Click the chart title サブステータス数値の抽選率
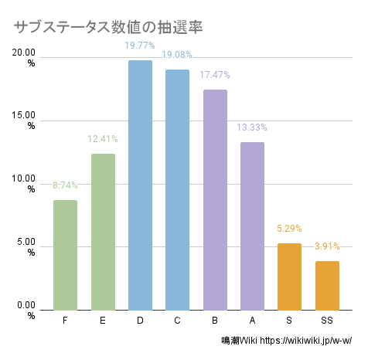(108, 27)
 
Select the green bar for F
(65, 255)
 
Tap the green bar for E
(103, 232)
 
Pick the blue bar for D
(140, 185)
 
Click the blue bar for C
(177, 189)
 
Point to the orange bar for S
(289, 277)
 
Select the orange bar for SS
(327, 285)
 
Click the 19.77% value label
(140, 46)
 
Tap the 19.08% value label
(177, 56)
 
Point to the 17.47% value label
(215, 76)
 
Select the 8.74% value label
(65, 185)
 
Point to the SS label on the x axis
(327, 320)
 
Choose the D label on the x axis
(140, 320)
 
